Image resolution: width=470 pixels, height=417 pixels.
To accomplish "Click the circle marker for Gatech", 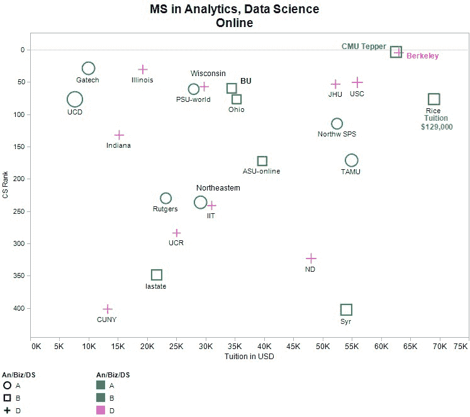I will [x=88, y=68].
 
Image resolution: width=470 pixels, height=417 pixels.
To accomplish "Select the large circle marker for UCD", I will [x=75, y=99].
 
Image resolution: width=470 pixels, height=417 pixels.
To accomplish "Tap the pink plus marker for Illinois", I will [x=143, y=69].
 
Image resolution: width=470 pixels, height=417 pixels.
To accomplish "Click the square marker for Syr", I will [x=346, y=309].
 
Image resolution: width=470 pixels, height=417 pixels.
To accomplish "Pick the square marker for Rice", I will [x=434, y=99].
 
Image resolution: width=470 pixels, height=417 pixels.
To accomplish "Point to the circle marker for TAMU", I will [x=351, y=160].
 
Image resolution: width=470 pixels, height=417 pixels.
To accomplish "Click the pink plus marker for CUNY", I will [x=108, y=309].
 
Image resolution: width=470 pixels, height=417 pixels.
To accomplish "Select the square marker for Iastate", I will [x=157, y=275].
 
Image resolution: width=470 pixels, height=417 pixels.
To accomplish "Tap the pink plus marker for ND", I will [x=311, y=259].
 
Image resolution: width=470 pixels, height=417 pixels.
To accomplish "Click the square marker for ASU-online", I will [x=262, y=161].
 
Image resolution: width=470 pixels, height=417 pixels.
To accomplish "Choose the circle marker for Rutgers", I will [x=165, y=198].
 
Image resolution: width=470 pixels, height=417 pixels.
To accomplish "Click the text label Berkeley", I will [x=423, y=56].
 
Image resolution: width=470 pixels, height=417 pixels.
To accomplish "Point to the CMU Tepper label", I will [x=364, y=47].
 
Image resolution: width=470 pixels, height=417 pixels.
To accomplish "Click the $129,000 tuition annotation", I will [x=437, y=126].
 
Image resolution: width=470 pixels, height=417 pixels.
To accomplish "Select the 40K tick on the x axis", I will [x=264, y=346].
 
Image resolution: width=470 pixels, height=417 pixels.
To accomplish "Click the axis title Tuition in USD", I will [x=249, y=357].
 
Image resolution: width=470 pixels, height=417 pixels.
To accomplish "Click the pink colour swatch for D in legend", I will [x=101, y=411].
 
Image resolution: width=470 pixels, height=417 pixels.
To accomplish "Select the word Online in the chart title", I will [x=234, y=23].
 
